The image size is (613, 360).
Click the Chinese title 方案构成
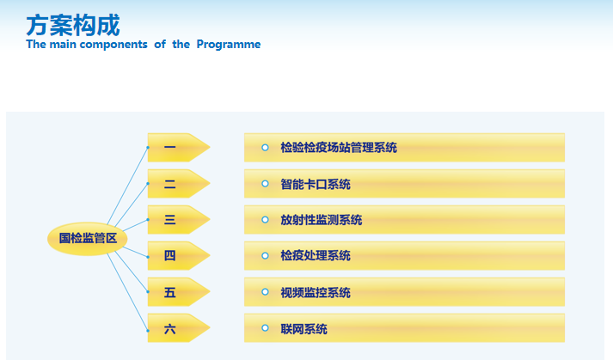coord(73,25)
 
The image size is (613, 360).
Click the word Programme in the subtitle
coord(229,45)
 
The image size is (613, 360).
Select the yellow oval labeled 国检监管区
coord(87,239)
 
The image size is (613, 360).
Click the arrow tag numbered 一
coord(179,148)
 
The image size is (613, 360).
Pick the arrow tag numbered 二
coord(179,184)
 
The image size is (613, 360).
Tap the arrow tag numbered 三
coord(179,220)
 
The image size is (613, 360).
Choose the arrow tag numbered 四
coord(179,256)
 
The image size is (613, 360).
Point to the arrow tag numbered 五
coord(179,292)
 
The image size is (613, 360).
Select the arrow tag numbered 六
coord(179,328)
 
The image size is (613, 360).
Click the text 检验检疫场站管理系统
coord(339,148)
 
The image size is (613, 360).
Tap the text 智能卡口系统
coord(316,184)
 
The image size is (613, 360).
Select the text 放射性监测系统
coord(322,220)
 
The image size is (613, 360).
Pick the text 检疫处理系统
coord(316,256)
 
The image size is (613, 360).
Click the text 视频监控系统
coord(316,292)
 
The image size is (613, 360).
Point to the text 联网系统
coord(303,329)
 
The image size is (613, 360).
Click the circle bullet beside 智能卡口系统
coord(265,184)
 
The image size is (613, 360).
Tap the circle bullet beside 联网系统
coord(265,328)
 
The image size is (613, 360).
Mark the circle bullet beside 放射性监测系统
coord(265,220)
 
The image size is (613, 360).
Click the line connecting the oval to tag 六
coord(127,292)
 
